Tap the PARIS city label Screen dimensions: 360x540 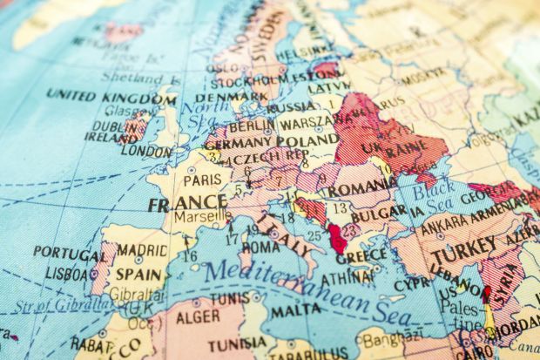click(202, 180)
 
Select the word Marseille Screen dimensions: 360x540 click(196, 217)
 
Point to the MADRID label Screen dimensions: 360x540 click(142, 249)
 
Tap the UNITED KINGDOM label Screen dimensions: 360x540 click(111, 96)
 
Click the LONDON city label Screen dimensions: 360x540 click(145, 151)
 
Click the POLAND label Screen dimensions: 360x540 click(307, 139)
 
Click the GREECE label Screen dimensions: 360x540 click(361, 256)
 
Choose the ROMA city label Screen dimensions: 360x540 click(260, 247)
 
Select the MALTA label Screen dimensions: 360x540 click(295, 309)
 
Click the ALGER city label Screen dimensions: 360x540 click(198, 316)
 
